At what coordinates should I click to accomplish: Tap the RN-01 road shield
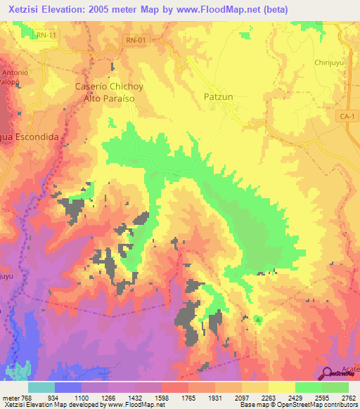coord(136,41)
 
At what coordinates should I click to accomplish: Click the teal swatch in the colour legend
coord(41,387)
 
